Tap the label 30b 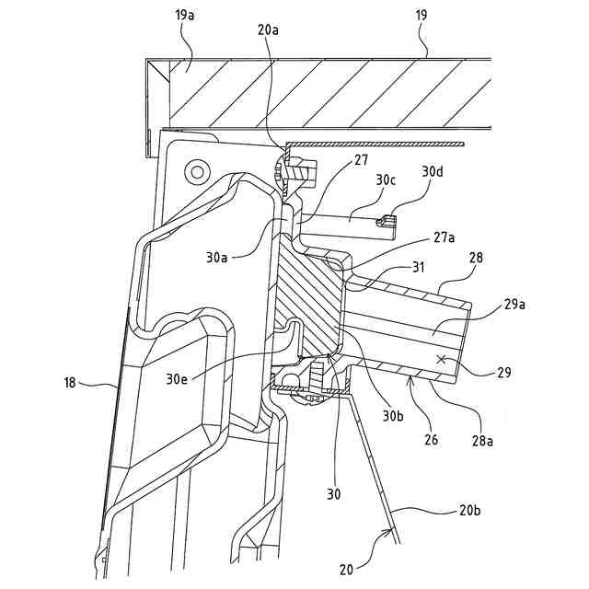coord(394,415)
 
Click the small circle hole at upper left coord(195,170)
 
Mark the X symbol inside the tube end coord(442,359)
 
